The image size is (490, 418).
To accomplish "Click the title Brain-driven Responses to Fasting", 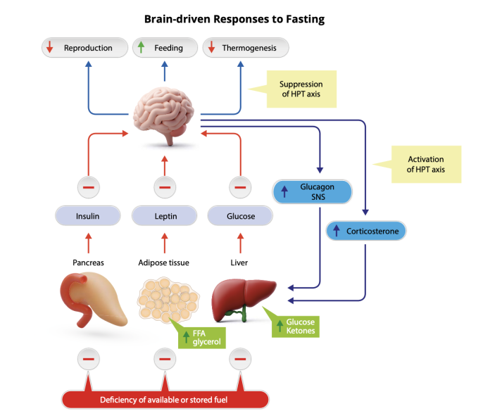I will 234,19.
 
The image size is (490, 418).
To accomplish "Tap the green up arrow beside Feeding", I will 142,48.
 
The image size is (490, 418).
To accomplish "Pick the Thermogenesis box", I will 245,48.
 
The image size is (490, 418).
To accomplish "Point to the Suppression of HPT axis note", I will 301,89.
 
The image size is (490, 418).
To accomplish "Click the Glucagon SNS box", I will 313,192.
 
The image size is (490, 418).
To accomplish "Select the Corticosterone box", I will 366,230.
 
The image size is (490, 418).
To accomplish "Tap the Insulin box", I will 88,216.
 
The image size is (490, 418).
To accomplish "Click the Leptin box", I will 165,216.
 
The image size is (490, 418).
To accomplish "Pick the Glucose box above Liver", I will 241,216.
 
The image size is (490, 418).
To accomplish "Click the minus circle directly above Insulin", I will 88,187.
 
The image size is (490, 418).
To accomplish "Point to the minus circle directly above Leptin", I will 165,187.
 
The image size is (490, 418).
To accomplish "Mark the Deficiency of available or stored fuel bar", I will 165,400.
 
